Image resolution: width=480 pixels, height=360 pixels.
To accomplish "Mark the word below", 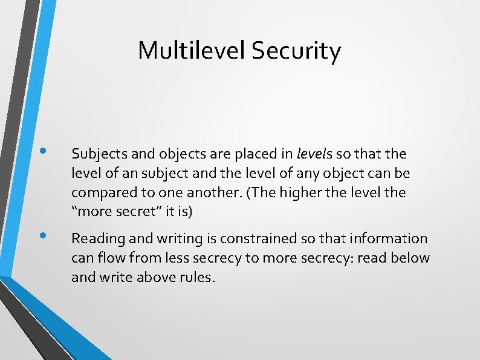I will coord(410,258).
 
